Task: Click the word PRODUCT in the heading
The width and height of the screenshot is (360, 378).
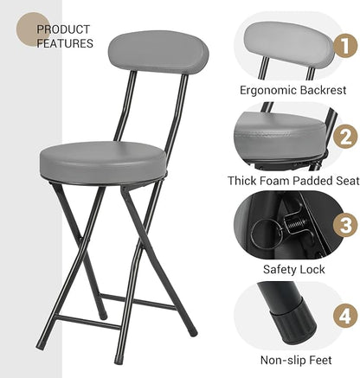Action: click(63, 29)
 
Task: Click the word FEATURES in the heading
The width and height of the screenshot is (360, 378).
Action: click(65, 43)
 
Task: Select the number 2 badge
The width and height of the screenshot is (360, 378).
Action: click(345, 137)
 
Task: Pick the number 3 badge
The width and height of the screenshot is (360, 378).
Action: click(345, 225)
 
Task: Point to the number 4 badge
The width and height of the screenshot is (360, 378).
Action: click(345, 317)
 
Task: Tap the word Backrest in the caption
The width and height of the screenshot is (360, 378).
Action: click(323, 90)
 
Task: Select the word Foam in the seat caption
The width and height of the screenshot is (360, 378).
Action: click(274, 181)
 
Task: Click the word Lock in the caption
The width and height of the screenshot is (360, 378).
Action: click(312, 270)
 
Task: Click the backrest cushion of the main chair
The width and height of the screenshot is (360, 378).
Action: click(158, 52)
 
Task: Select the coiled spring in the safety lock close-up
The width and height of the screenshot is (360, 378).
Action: click(296, 222)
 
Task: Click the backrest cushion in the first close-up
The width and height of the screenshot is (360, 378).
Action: click(289, 43)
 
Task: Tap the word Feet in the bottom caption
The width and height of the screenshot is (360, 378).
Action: click(320, 360)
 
